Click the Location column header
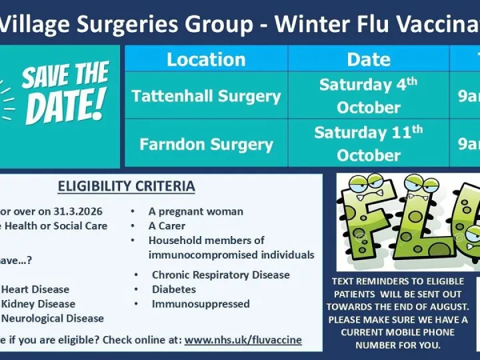205,59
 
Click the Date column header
369,59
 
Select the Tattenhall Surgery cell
206,96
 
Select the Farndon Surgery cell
206,144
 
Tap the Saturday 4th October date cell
369,96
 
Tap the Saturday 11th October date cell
369,144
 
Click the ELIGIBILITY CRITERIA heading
127,186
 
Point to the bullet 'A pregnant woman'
195,211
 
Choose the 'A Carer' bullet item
167,226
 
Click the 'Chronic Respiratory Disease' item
221,275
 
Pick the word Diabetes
173,289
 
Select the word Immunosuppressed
201,304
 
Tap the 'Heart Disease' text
35,289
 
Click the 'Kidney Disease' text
38,304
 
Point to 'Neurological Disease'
53,319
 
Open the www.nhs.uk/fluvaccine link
243,340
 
